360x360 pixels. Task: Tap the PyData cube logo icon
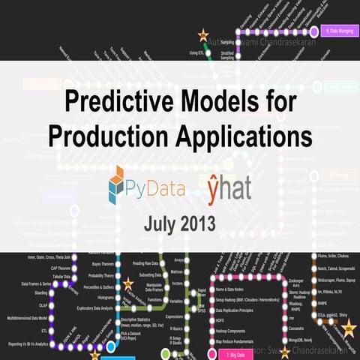click(x=121, y=184)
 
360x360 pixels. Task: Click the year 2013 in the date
click(x=198, y=224)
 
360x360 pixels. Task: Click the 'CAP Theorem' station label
click(x=40, y=268)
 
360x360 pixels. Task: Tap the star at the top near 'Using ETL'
click(x=202, y=35)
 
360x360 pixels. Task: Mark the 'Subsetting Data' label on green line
click(x=150, y=274)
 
